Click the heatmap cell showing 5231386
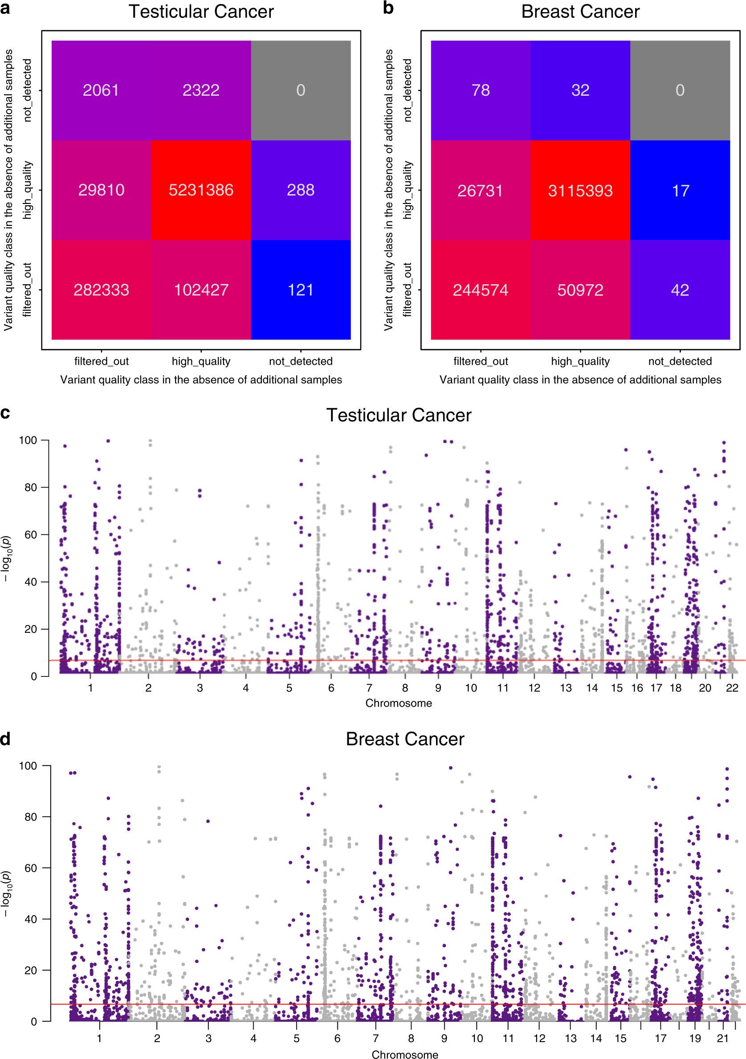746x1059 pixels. click(201, 190)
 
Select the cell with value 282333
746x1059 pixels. click(101, 289)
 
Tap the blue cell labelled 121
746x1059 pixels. click(300, 289)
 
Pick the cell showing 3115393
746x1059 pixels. click(580, 191)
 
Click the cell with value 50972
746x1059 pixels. click(580, 289)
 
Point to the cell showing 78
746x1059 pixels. click(480, 90)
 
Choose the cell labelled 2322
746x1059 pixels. click(201, 90)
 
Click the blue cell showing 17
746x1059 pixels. click(680, 191)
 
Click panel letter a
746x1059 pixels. click(5, 8)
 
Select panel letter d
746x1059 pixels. click(5, 738)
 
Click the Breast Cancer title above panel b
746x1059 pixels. click(580, 12)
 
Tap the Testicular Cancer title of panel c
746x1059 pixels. click(399, 415)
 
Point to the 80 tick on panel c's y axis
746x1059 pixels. click(30, 488)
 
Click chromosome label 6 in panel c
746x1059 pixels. click(331, 688)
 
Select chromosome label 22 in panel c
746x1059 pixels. click(732, 688)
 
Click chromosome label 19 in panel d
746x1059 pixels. click(695, 1038)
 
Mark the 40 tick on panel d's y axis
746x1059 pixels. click(30, 919)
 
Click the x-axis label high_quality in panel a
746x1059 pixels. click(201, 361)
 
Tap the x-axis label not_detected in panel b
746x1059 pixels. click(680, 361)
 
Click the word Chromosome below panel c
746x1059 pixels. click(399, 703)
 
